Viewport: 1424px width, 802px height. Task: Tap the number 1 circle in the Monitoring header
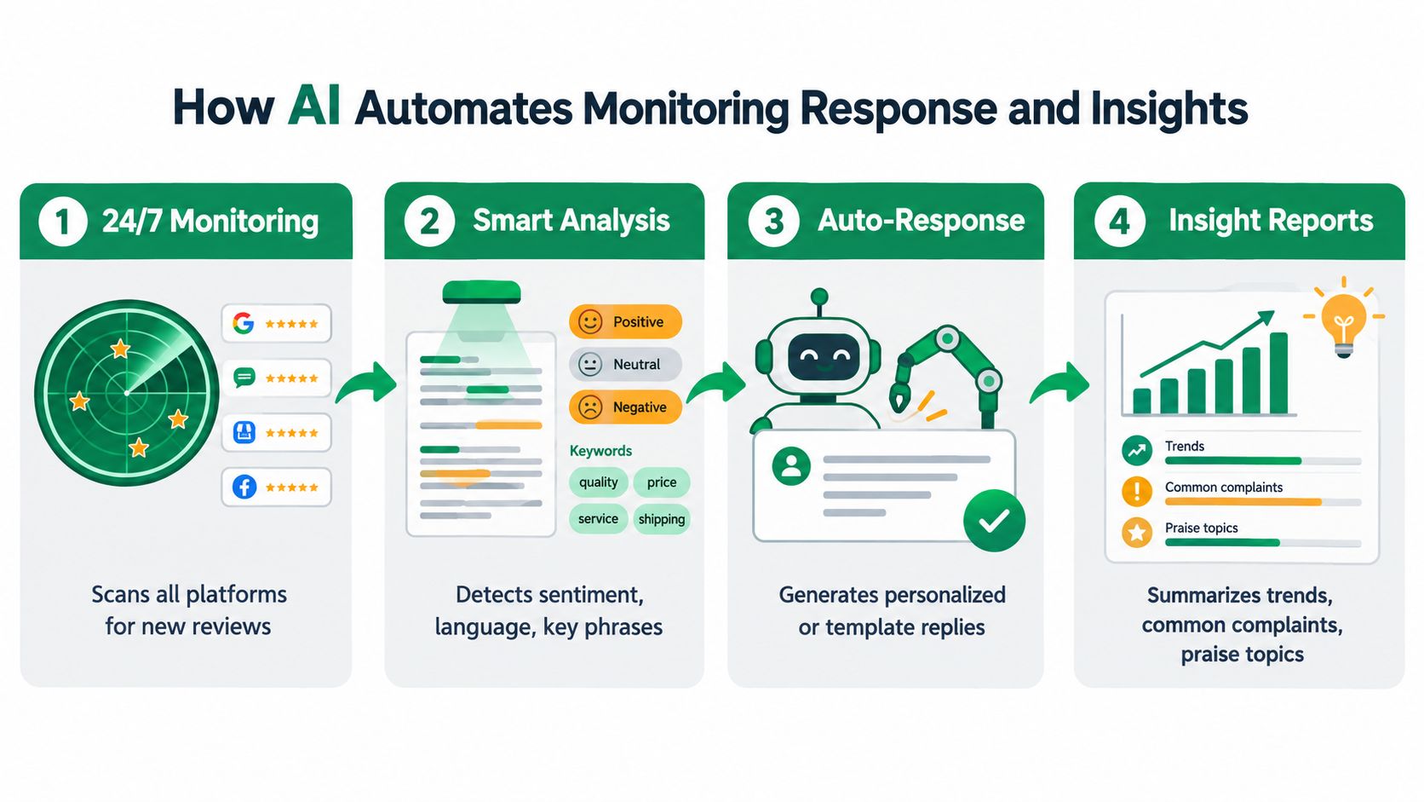[x=62, y=222]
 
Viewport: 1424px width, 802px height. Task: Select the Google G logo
[x=244, y=323]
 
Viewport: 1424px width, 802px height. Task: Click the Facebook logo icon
[x=244, y=488]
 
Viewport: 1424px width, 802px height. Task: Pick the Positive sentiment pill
[x=625, y=322]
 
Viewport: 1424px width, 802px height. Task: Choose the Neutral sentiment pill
[x=625, y=365]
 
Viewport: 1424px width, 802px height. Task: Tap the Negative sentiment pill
[x=625, y=407]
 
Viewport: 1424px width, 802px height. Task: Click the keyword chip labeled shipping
[x=661, y=519]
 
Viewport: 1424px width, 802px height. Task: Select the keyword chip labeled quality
[x=598, y=482]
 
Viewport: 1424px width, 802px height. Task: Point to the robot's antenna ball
[x=819, y=297]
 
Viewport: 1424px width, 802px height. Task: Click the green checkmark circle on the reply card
[x=994, y=521]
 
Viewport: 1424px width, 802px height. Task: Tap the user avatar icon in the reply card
[x=791, y=466]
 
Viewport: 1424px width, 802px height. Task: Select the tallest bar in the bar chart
[x=1278, y=373]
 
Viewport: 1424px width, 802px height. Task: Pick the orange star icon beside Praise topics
[x=1137, y=533]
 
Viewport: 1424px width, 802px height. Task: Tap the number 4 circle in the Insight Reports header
[x=1119, y=222]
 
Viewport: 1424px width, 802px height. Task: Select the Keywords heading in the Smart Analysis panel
[x=600, y=451]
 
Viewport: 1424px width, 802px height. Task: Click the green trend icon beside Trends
[x=1137, y=450]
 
